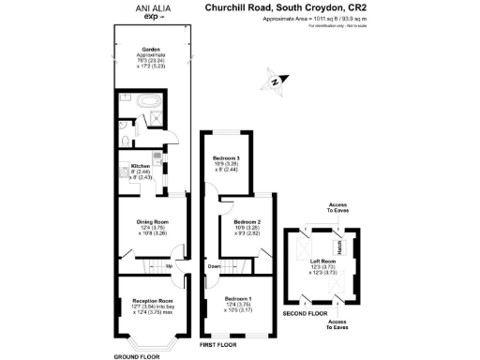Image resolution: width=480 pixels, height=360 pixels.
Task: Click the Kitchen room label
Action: (128, 167)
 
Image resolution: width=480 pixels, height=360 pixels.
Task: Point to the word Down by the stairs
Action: (216, 266)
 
